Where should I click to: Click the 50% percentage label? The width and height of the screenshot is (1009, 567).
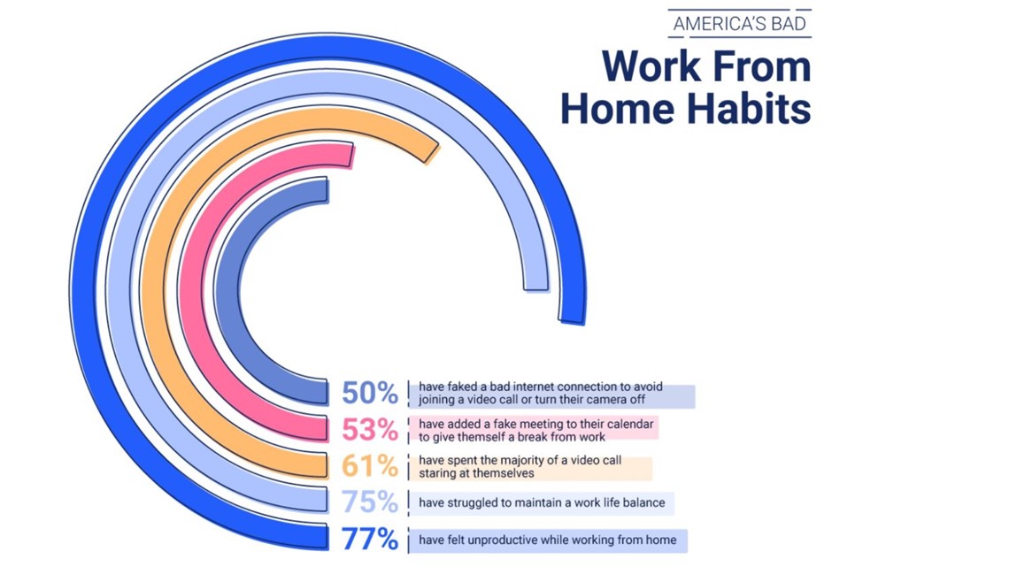coord(369,393)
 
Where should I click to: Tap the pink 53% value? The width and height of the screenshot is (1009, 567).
coord(369,429)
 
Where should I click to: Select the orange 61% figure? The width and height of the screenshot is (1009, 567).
coord(369,466)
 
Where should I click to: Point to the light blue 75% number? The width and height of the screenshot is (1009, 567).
coord(369,502)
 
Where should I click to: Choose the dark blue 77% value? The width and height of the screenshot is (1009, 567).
coord(369,540)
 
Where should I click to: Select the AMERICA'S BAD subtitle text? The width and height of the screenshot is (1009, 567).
coord(739,25)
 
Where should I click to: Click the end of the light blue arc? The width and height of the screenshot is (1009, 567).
coord(536,288)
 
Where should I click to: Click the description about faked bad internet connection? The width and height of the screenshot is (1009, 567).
coord(541,393)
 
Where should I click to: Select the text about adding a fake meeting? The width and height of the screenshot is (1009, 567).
coord(536,430)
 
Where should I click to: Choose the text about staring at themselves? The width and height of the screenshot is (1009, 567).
coord(520,467)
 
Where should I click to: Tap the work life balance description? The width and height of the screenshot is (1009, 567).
coord(542,502)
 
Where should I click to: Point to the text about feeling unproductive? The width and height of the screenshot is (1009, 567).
coord(548,540)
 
